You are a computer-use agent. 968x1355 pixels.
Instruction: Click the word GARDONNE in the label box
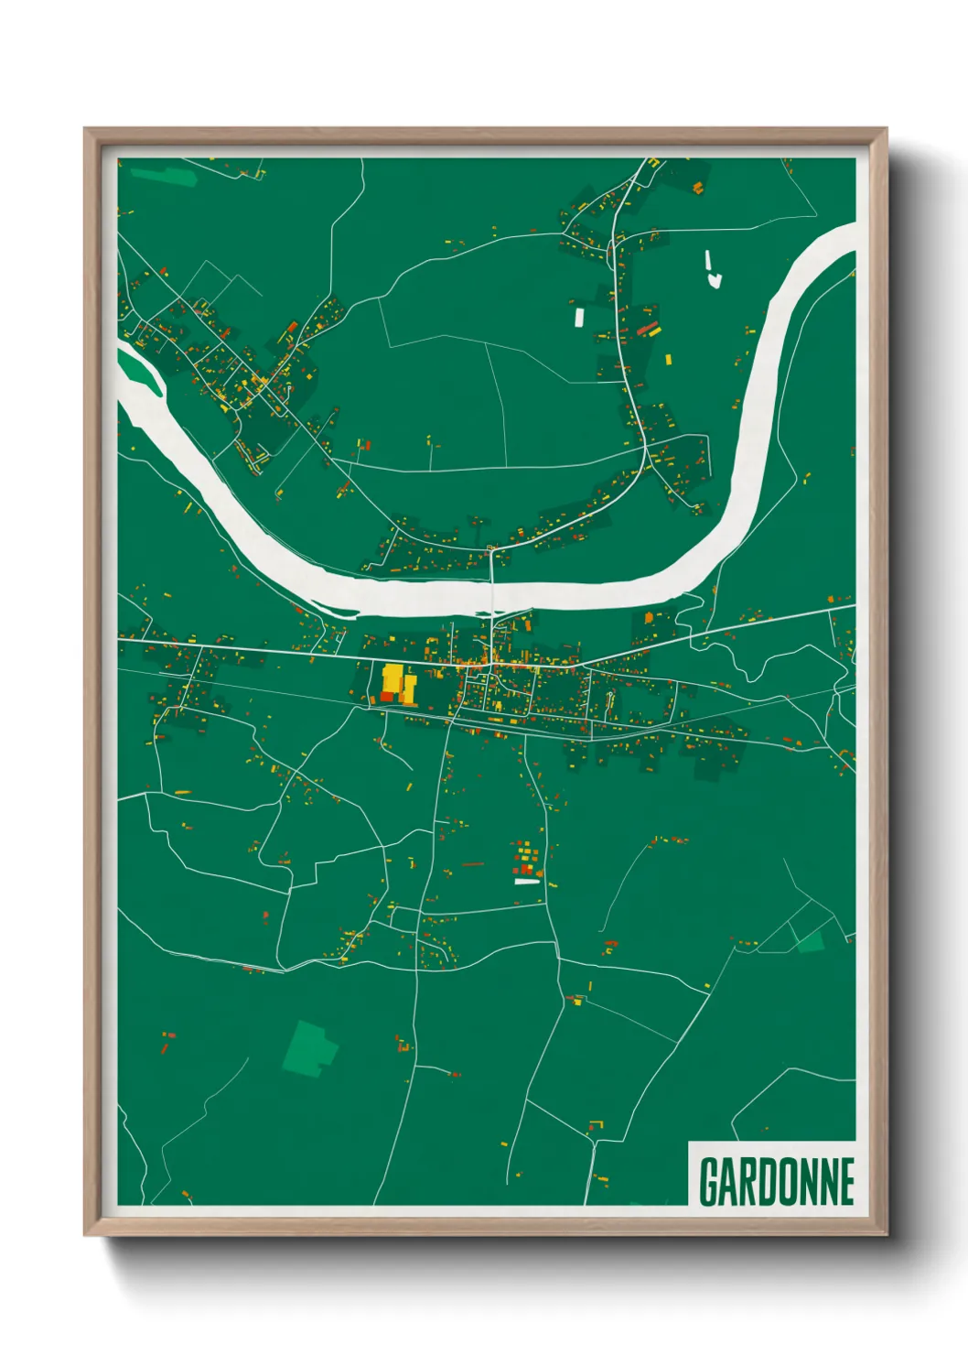pyautogui.click(x=776, y=1181)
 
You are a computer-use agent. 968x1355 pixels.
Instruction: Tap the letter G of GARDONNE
pyautogui.click(x=709, y=1181)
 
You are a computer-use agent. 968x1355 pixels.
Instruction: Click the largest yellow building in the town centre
pyautogui.click(x=393, y=679)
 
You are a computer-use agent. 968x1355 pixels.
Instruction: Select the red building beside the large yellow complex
pyautogui.click(x=387, y=697)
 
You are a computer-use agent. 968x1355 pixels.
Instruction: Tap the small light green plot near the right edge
pyautogui.click(x=811, y=940)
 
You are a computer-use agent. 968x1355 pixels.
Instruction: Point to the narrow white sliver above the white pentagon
pyautogui.click(x=708, y=261)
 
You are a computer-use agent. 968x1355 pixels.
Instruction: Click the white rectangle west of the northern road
pyautogui.click(x=578, y=317)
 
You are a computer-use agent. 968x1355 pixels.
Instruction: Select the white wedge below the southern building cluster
pyautogui.click(x=528, y=882)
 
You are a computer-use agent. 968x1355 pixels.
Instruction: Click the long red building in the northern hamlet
pyautogui.click(x=648, y=328)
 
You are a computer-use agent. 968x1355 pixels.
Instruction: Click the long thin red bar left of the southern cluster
pyautogui.click(x=472, y=863)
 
